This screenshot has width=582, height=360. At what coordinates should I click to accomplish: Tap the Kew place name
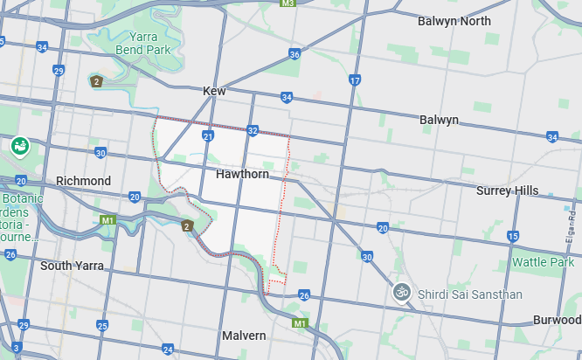point(214,91)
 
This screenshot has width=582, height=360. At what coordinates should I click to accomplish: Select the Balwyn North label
point(454,21)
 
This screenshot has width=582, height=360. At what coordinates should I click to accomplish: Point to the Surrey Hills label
point(519,190)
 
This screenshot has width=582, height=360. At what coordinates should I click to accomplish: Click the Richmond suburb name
point(83,181)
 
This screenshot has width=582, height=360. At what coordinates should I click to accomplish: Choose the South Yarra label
point(72,266)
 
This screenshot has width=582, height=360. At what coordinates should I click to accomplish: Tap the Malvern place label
point(244,336)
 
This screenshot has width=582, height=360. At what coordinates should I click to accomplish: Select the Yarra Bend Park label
point(144,44)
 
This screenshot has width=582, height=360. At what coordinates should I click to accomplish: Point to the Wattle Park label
point(542,262)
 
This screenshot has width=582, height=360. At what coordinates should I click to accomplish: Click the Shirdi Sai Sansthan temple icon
point(402,292)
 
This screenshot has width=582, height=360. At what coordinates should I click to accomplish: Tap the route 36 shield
point(294,54)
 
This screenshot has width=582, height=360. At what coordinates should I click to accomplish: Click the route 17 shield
point(354,80)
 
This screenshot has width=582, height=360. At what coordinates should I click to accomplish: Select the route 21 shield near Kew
point(208,137)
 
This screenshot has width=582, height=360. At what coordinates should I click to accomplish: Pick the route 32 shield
point(253,131)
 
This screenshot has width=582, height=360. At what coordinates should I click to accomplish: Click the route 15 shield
point(512,237)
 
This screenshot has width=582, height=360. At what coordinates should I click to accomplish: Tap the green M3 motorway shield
point(288,3)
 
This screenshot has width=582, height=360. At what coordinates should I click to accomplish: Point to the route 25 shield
point(102,326)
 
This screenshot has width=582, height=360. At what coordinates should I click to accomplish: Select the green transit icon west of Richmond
point(20,146)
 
